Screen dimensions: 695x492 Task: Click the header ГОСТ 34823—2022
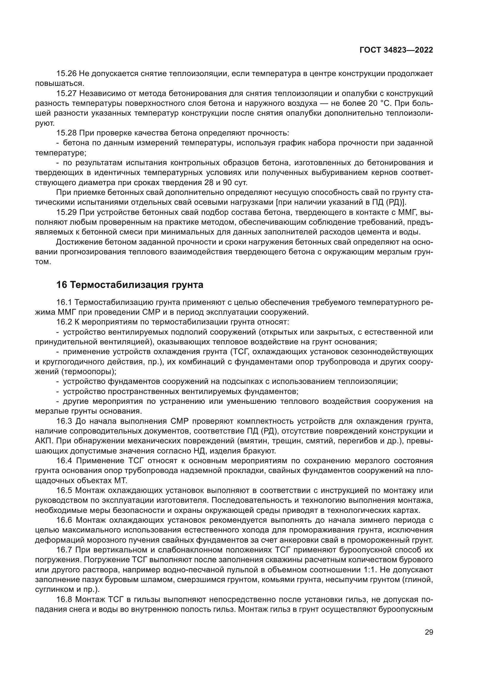(x=396, y=50)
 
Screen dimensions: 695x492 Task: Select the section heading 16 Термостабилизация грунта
(x=130, y=285)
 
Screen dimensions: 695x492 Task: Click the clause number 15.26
(x=66, y=74)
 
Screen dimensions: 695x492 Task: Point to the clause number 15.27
(x=66, y=94)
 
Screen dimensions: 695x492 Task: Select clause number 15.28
(x=66, y=133)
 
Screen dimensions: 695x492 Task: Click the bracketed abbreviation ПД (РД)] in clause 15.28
(x=391, y=203)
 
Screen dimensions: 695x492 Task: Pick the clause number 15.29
(x=66, y=212)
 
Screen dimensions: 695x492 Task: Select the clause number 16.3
(x=64, y=421)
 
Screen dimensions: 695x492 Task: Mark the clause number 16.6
(x=64, y=520)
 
